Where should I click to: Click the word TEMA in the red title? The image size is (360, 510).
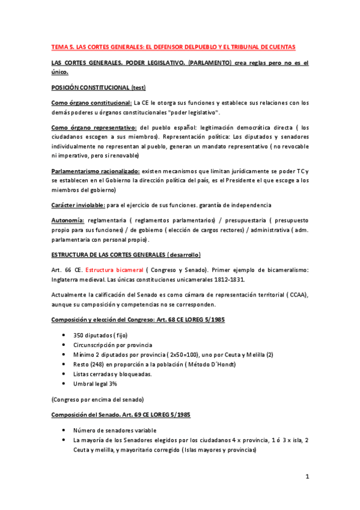[x=59, y=47]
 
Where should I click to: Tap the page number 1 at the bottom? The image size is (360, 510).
[x=307, y=477]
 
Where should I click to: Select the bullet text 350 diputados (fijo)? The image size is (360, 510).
[x=100, y=335]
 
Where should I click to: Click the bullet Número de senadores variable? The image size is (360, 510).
[x=114, y=431]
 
